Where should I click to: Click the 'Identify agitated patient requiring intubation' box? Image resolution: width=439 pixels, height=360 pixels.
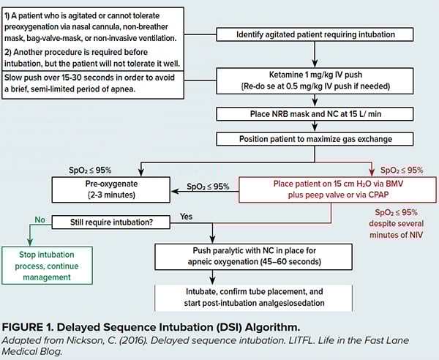[314, 34]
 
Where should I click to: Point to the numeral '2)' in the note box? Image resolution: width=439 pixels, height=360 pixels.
[10, 52]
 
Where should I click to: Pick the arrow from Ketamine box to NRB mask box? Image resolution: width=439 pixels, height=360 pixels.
[314, 101]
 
